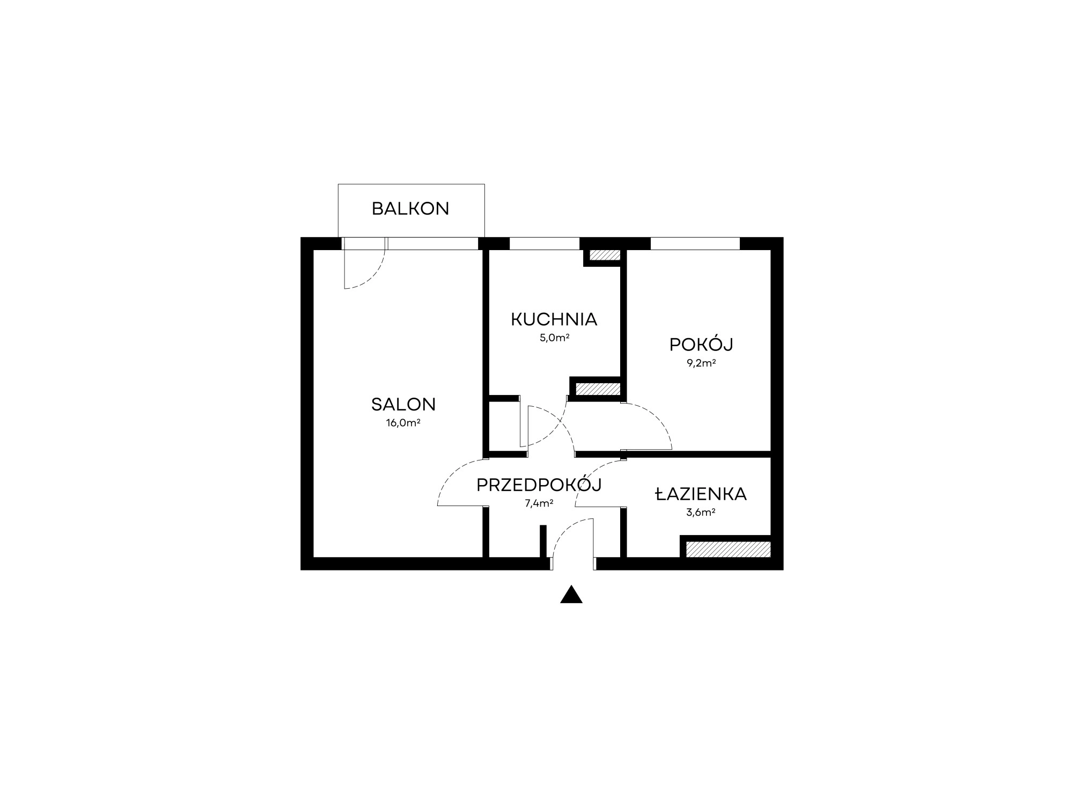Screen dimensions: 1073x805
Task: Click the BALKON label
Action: coord(410,209)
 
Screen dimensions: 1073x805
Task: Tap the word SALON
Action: coord(403,404)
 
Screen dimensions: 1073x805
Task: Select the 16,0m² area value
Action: coord(403,423)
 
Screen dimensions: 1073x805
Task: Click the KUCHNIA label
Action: coord(554,319)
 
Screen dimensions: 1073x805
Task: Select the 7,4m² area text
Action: coord(539,503)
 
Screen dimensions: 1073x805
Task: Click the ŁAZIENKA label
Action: coord(701,494)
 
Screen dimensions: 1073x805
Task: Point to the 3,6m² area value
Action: coord(701,513)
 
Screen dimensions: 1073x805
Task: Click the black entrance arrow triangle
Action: coord(571,594)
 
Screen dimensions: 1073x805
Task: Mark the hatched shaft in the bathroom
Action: coord(729,549)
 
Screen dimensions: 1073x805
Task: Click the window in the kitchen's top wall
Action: coord(545,244)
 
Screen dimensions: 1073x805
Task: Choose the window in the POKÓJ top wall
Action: coord(695,244)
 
